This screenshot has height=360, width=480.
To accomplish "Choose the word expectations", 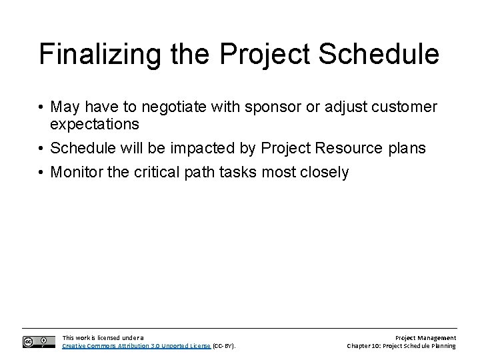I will coord(95,125).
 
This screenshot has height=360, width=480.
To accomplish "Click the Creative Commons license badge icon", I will coord(38,342).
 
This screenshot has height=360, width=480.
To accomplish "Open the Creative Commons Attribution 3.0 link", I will coord(136,346).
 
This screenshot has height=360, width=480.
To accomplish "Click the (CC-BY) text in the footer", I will coord(223,346).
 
